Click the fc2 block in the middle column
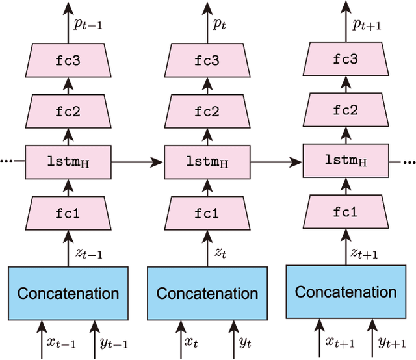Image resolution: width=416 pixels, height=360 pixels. click(207, 111)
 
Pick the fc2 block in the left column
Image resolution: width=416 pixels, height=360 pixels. click(68, 111)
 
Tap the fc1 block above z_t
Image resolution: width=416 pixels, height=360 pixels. click(207, 212)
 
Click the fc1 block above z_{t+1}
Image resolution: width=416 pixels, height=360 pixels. click(346, 212)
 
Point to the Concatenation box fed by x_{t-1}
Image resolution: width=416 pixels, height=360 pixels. click(68, 293)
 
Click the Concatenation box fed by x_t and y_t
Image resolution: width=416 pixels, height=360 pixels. click(207, 293)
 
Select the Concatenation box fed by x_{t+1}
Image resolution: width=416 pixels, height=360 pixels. click(346, 292)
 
